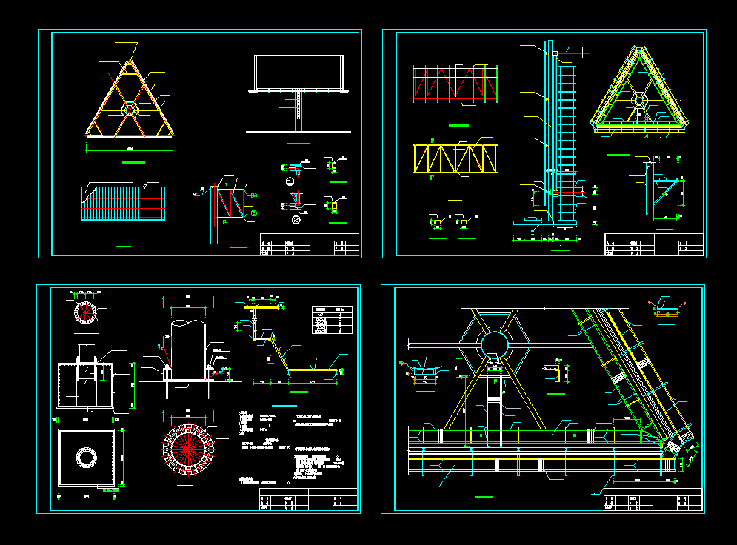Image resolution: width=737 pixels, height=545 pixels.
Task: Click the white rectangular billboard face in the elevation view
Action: coord(299,73)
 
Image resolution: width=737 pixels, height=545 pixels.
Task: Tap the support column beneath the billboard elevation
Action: coord(299,108)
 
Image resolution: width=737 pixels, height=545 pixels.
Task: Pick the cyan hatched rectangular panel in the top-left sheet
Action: coord(123,203)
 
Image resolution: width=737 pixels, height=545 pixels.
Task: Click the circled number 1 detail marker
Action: coord(290,181)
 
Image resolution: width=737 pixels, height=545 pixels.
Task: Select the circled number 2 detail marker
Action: coord(296,220)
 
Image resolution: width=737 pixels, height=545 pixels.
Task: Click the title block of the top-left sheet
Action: coord(309,244)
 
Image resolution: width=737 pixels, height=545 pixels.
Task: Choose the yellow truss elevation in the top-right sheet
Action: coord(455,160)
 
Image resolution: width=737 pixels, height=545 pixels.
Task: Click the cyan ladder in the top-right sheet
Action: coord(567,141)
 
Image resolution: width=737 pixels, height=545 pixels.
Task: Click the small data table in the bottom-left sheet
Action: coord(330,321)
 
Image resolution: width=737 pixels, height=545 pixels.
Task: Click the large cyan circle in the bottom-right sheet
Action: coord(493,344)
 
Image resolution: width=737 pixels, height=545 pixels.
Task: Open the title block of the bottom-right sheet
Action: coord(652,501)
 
